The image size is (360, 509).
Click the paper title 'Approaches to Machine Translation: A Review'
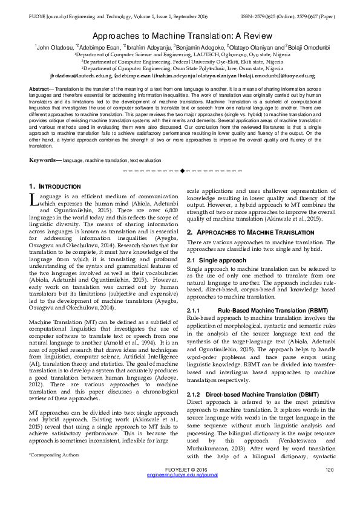(x=180, y=36)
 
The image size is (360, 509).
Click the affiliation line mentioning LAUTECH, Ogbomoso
(x=180, y=54)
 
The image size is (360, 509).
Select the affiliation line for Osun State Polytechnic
(x=180, y=68)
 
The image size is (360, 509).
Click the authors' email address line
(x=180, y=76)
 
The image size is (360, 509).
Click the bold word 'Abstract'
(x=39, y=89)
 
